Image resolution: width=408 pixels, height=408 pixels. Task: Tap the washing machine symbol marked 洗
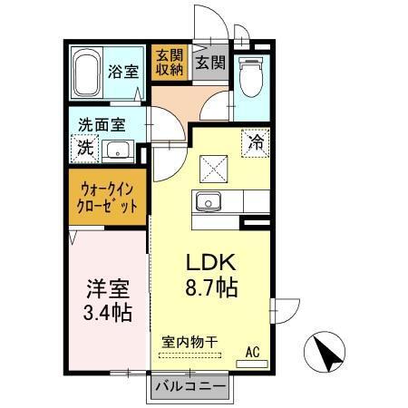[83, 148]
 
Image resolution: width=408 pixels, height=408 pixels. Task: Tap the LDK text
[211, 263]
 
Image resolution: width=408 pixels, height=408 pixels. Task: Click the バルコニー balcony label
[189, 386]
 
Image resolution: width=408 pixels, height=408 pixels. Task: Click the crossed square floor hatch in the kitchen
[214, 167]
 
